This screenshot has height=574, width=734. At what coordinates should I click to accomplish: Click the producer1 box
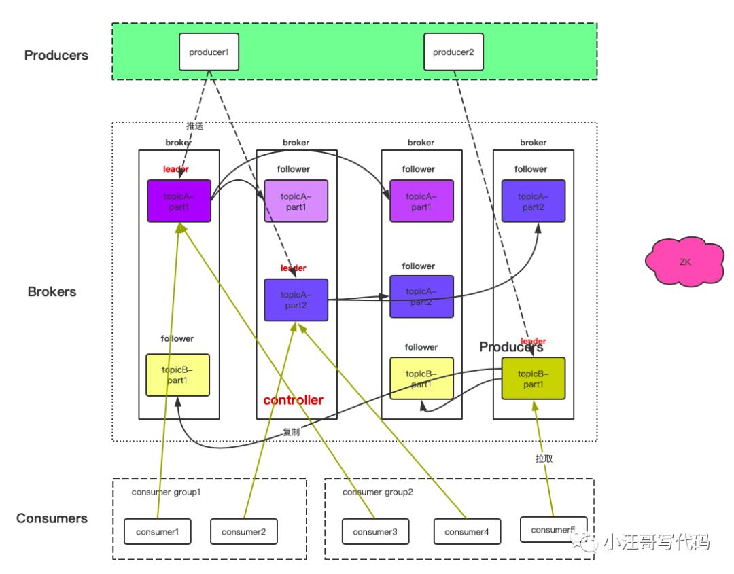(x=209, y=52)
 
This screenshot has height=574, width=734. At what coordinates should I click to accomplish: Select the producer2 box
(x=453, y=52)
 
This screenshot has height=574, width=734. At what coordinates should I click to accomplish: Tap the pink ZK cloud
(x=684, y=261)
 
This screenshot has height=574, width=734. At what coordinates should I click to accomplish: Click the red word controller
(x=294, y=400)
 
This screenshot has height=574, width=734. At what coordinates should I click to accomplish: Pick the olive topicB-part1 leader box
(x=534, y=378)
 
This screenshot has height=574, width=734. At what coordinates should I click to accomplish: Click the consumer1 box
(x=157, y=531)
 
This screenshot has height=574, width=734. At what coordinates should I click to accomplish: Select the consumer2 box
(x=244, y=531)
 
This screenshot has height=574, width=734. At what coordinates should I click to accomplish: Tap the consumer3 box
(x=375, y=531)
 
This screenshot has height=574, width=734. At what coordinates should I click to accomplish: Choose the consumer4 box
(x=467, y=531)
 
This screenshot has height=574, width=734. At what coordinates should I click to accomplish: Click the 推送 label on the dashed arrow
(x=195, y=126)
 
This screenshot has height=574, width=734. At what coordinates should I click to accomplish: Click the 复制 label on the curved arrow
(x=291, y=432)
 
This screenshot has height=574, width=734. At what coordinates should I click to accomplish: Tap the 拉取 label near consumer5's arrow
(x=544, y=459)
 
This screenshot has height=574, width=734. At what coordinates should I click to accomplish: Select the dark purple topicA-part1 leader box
(x=179, y=201)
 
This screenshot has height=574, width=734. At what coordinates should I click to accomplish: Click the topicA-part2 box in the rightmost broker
(x=534, y=201)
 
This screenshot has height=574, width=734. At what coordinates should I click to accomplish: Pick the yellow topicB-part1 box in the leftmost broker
(x=177, y=375)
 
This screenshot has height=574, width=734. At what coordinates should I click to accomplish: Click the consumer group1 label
(x=167, y=491)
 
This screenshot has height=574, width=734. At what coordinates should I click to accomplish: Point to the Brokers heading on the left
(x=52, y=292)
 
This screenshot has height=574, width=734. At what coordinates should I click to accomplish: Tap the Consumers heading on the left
(x=52, y=518)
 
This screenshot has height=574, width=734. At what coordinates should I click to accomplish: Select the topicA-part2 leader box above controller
(x=296, y=300)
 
